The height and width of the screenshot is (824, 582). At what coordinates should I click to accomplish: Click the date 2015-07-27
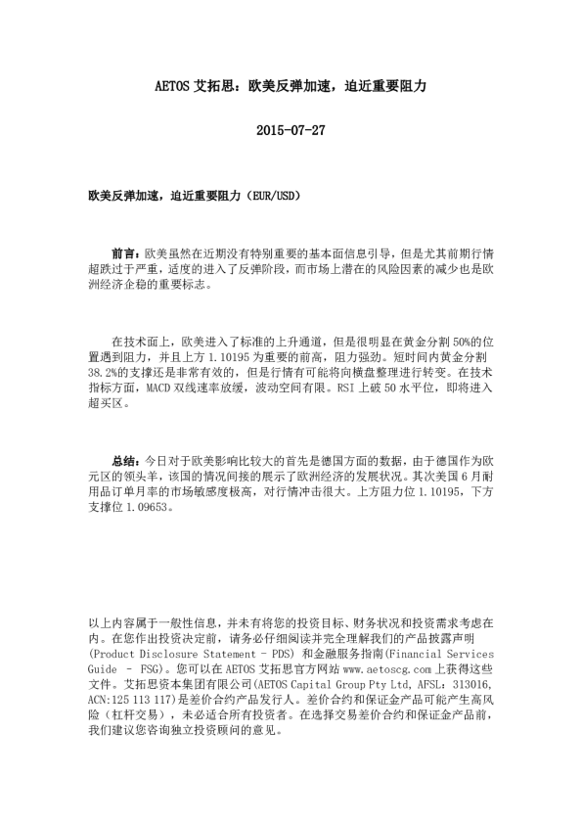point(290,129)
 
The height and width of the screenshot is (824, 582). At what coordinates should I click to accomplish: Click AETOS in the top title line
point(173,86)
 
